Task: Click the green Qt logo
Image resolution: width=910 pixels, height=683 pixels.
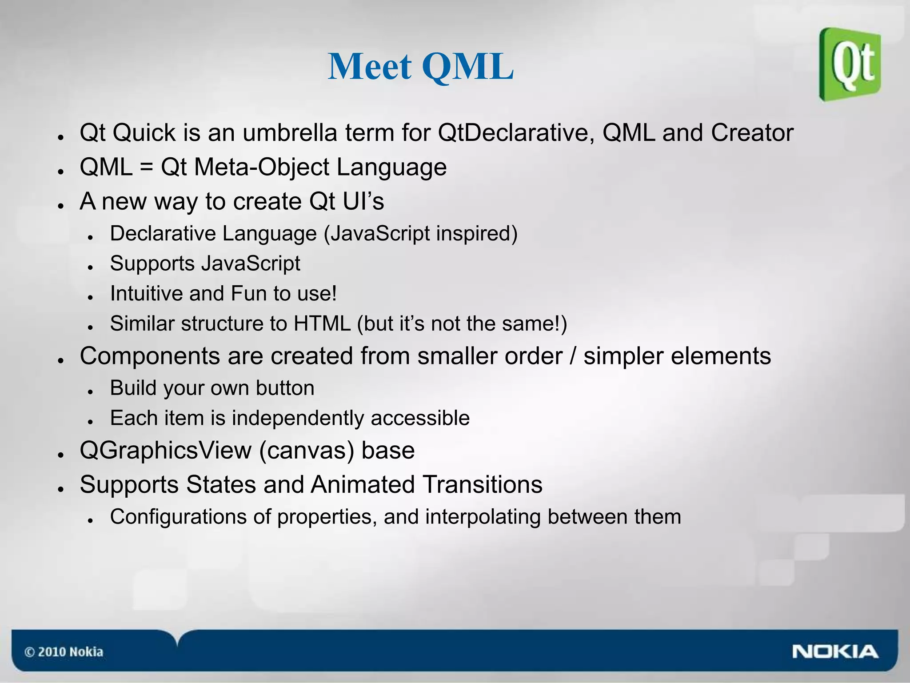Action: coord(850,64)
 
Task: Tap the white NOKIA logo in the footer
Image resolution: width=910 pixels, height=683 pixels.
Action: coord(835,652)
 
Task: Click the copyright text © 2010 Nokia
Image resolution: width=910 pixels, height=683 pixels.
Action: coord(64,652)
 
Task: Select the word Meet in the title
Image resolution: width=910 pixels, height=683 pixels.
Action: coord(369,67)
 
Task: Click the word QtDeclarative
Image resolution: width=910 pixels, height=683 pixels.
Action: coord(516,133)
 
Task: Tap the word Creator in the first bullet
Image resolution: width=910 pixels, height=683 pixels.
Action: coord(752,133)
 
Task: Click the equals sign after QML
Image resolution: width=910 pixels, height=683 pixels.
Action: coord(146,168)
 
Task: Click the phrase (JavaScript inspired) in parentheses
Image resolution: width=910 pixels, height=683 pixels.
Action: coord(420,234)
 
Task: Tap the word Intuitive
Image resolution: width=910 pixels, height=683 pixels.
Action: coord(146,294)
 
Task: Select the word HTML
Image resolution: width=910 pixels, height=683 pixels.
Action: coord(322,324)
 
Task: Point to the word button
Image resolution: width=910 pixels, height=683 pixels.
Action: coord(285,388)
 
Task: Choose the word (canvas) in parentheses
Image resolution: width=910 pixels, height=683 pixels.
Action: coord(307,451)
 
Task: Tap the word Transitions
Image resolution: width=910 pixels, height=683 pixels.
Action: coord(482,484)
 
